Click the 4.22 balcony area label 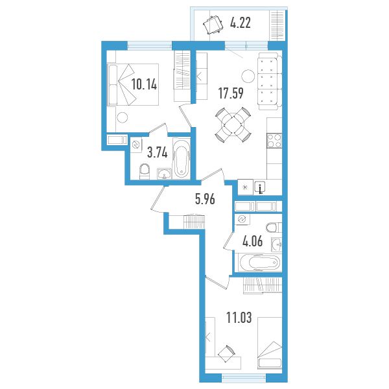tap(241, 23)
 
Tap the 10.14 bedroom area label tap(144, 84)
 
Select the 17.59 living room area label tap(231, 93)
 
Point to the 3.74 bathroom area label tap(158, 152)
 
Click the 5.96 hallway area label tap(205, 199)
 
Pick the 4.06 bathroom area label tap(253, 241)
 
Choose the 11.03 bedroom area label tap(239, 318)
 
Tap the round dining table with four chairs tap(233, 124)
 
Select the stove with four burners tap(274, 141)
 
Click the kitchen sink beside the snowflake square tap(260, 187)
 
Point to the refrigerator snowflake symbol tap(245, 187)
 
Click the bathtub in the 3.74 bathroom tap(182, 158)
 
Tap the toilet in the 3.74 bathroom tap(145, 171)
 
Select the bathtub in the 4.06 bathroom tap(258, 263)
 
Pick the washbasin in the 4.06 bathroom tap(277, 244)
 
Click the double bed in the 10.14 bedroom tap(132, 84)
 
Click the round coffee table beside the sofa tap(248, 76)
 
